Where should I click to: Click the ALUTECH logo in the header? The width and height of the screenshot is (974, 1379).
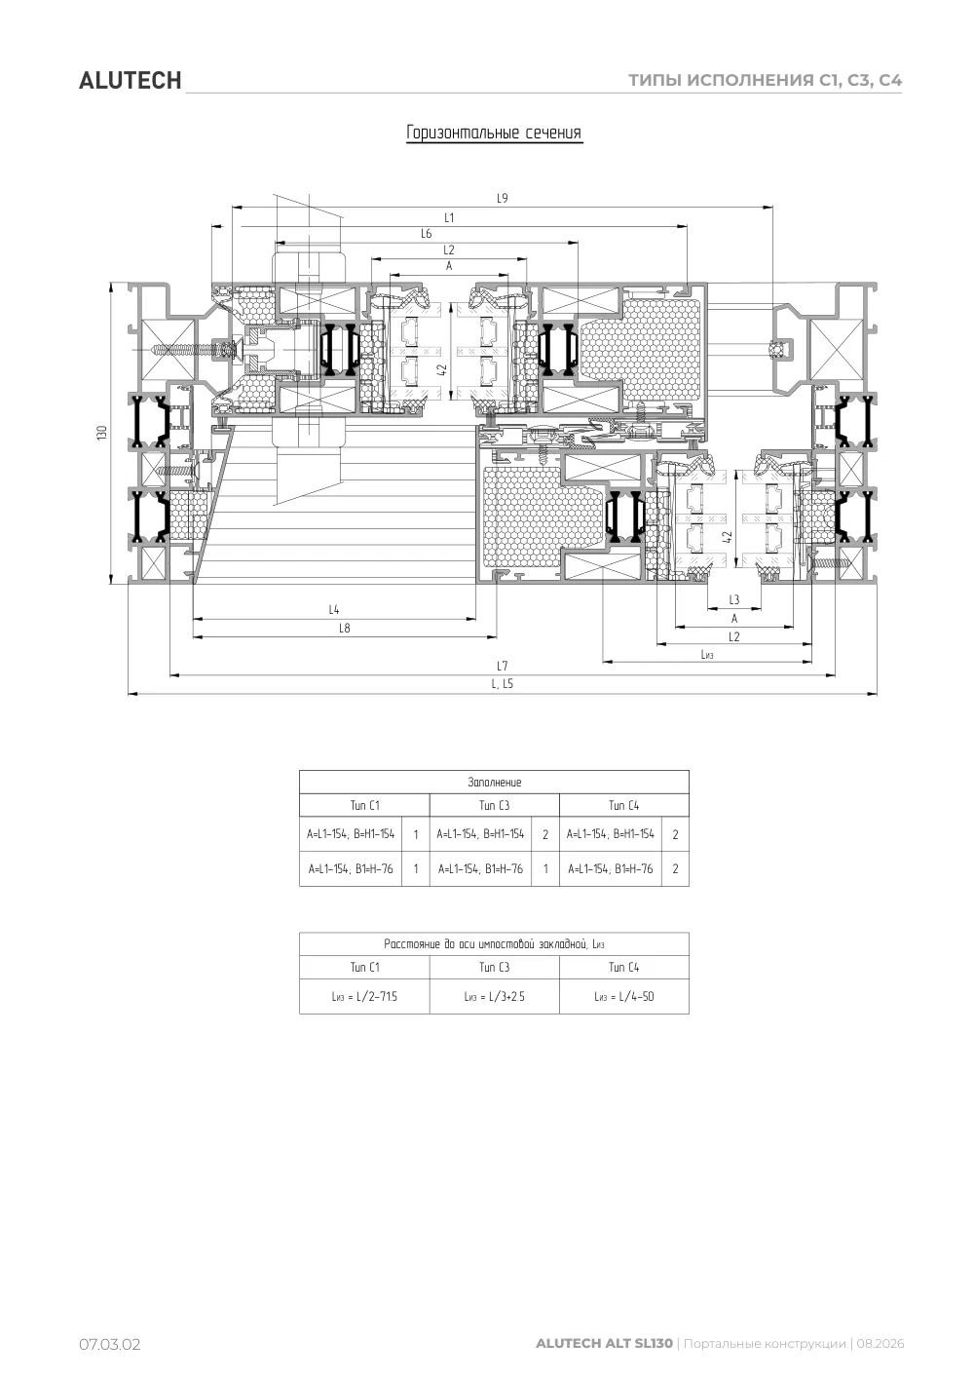pyautogui.click(x=130, y=81)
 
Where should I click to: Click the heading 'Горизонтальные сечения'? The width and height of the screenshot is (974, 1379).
pyautogui.click(x=494, y=133)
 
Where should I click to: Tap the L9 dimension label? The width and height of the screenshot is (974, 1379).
pyautogui.click(x=502, y=198)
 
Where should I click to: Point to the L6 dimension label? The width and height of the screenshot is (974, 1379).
pyautogui.click(x=427, y=234)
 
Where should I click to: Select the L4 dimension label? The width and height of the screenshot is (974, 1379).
pyautogui.click(x=334, y=609)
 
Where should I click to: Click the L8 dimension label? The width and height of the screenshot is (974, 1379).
pyautogui.click(x=345, y=628)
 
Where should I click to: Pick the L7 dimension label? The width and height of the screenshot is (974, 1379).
pyautogui.click(x=502, y=666)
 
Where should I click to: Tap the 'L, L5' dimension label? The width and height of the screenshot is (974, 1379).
pyautogui.click(x=502, y=683)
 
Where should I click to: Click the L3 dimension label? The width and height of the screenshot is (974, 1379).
pyautogui.click(x=734, y=599)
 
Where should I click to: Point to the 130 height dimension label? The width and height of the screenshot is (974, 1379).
pyautogui.click(x=102, y=432)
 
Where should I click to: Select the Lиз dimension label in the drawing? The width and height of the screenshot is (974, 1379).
pyautogui.click(x=707, y=654)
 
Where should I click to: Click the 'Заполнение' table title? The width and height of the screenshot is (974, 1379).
pyautogui.click(x=494, y=782)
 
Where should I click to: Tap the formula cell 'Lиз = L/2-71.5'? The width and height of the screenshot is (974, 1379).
pyautogui.click(x=364, y=996)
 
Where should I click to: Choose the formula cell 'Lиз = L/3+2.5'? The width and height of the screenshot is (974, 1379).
pyautogui.click(x=494, y=996)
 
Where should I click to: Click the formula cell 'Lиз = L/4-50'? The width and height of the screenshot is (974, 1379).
pyautogui.click(x=624, y=996)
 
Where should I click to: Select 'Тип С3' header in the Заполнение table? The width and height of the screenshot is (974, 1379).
pyautogui.click(x=494, y=805)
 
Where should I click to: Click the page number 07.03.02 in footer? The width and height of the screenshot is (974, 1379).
pyautogui.click(x=109, y=1343)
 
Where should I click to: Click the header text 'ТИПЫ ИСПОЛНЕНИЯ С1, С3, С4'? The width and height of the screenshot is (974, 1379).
pyautogui.click(x=765, y=80)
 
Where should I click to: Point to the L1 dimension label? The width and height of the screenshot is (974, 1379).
pyautogui.click(x=449, y=217)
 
